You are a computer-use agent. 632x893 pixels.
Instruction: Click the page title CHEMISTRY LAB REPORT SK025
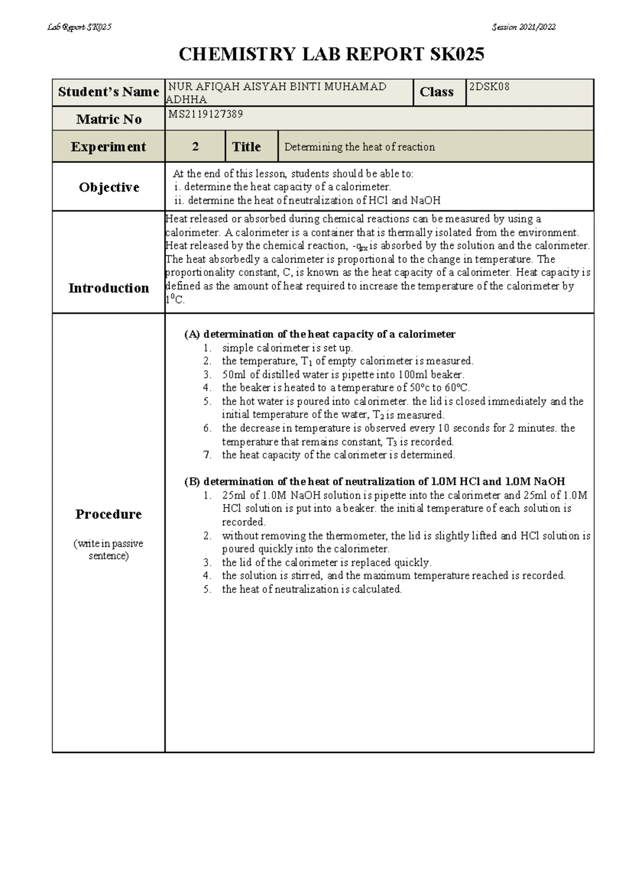tap(331, 54)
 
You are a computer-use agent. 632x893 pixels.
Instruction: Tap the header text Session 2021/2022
tap(524, 27)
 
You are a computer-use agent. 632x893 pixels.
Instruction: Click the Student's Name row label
tap(108, 92)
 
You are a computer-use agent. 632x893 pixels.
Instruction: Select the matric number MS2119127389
tap(205, 114)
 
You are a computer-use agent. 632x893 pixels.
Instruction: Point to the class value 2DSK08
tap(489, 87)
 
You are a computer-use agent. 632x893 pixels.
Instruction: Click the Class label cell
tap(437, 92)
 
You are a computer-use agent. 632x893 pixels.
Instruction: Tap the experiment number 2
tap(195, 147)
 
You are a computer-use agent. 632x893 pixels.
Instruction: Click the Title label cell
tap(246, 147)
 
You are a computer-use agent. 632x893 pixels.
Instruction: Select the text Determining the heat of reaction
tap(360, 147)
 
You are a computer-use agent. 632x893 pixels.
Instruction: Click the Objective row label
tap(109, 187)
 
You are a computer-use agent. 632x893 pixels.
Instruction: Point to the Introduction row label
tap(108, 288)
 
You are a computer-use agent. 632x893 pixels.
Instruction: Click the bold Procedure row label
tap(108, 514)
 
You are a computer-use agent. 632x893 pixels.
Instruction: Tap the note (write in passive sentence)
tap(108, 550)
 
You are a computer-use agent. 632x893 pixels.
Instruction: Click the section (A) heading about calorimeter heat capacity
tap(320, 334)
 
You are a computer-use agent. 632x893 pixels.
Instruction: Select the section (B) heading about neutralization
tap(374, 482)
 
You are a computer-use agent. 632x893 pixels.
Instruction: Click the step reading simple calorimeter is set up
tap(288, 348)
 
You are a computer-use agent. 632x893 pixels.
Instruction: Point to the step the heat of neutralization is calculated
tap(312, 589)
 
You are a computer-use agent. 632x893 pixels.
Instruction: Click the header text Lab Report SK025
tap(80, 27)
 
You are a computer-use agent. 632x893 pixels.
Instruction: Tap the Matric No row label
tap(108, 120)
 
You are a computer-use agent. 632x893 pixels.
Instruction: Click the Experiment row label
tap(108, 147)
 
